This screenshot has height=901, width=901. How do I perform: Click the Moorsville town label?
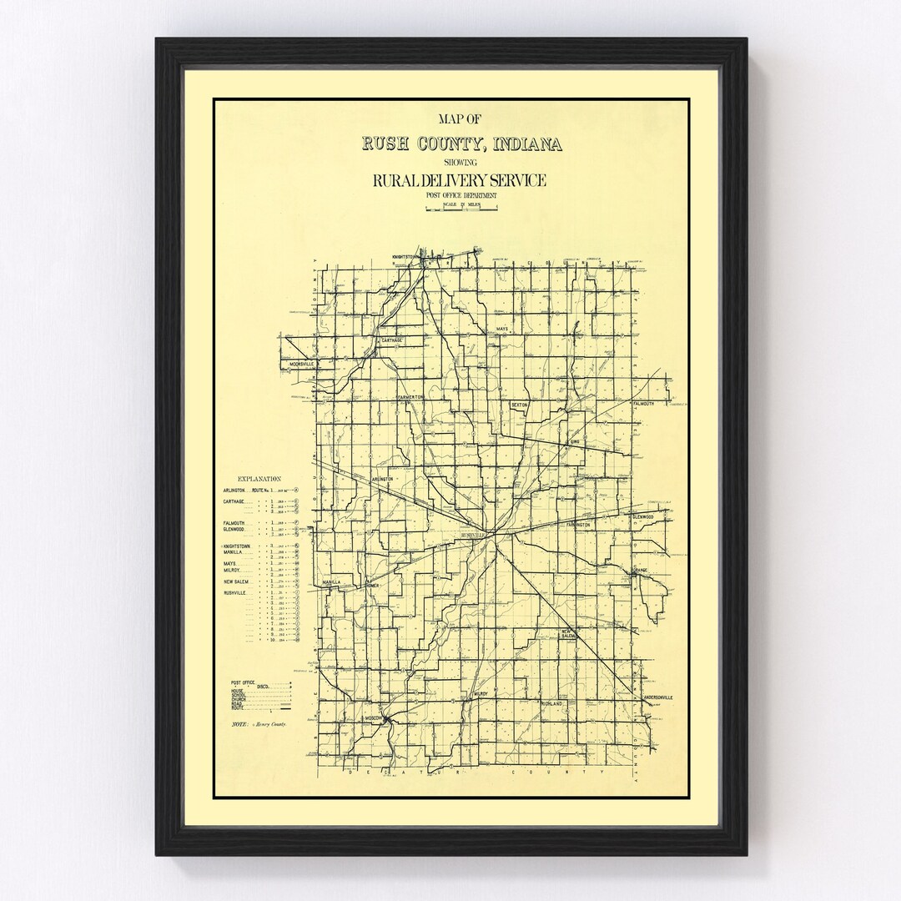click(x=299, y=365)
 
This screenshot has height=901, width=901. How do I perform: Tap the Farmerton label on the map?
click(x=410, y=397)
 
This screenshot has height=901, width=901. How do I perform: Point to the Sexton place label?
click(x=521, y=405)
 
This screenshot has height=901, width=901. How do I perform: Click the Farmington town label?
click(x=577, y=525)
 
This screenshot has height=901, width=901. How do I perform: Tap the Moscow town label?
click(x=372, y=717)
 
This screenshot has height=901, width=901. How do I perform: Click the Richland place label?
click(x=553, y=704)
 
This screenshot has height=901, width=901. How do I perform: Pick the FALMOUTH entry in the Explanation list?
click(x=234, y=521)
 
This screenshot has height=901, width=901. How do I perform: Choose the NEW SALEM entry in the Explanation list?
click(x=237, y=582)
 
